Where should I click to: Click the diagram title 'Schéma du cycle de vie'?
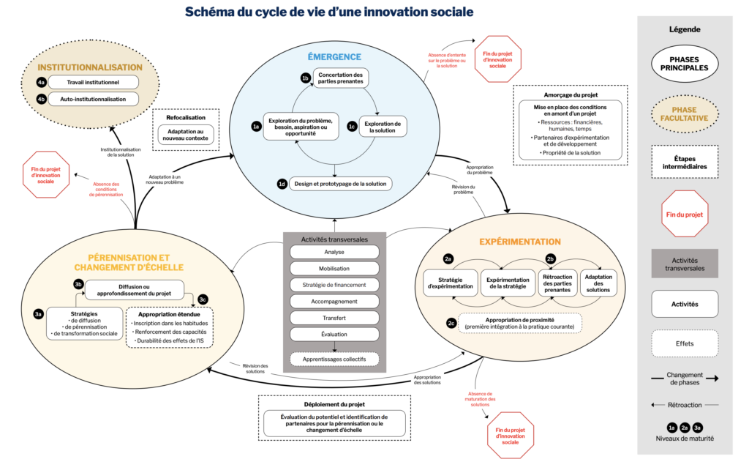point(328,12)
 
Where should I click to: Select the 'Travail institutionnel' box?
point(92,81)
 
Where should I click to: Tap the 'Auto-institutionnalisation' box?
point(92,98)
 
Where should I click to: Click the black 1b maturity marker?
point(306,78)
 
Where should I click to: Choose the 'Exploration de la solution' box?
point(383,127)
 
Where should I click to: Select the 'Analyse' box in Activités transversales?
point(334,252)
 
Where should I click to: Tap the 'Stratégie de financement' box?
point(334,285)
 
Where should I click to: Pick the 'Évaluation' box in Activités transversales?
point(334,335)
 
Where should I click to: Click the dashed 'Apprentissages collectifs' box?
point(334,359)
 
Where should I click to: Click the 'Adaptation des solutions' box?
point(598,282)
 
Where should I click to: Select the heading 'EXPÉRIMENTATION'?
point(519,242)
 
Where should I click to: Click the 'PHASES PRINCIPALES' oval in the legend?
point(685,63)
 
